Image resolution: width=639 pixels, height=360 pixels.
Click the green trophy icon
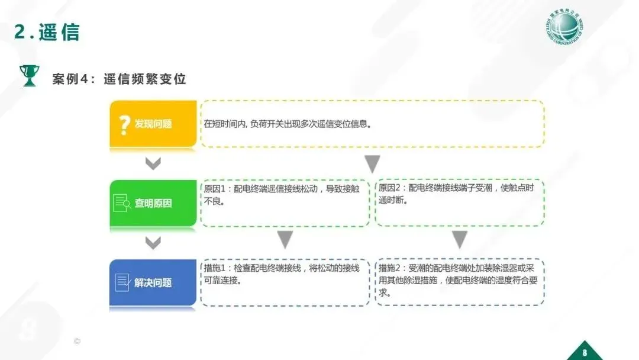click(28, 76)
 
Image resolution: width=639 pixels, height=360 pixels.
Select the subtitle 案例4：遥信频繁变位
click(119, 79)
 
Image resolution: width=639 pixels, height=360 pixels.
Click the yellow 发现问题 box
click(153, 124)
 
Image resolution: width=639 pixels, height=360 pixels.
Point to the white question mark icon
click(124, 124)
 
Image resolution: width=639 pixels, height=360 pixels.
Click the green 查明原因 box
click(153, 203)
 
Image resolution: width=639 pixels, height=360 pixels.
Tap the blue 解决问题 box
click(153, 282)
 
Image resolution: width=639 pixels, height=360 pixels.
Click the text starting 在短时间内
click(288, 124)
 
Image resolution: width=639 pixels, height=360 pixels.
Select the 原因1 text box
click(285, 203)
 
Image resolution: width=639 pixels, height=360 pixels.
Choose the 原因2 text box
click(460, 203)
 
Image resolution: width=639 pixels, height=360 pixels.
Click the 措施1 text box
click(285, 282)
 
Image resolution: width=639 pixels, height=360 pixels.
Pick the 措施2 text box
click(460, 282)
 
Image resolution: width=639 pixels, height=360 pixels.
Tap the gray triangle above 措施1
click(285, 240)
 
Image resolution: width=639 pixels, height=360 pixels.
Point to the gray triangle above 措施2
click(460, 240)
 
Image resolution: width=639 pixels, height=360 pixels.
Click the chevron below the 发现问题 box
click(153, 163)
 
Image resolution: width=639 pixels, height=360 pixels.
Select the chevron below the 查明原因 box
click(153, 242)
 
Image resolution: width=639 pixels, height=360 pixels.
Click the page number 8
click(585, 351)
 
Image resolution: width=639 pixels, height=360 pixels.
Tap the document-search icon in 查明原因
click(122, 203)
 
